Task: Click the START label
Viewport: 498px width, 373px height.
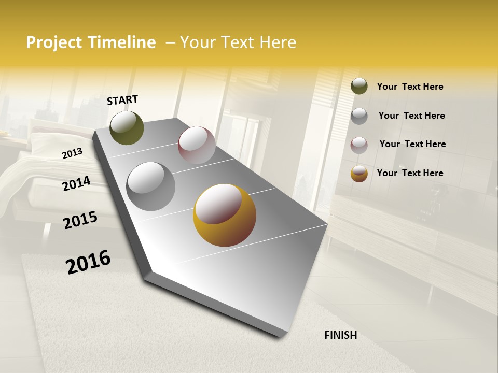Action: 122,100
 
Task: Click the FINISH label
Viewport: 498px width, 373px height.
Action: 340,335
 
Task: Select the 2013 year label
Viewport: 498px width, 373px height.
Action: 72,153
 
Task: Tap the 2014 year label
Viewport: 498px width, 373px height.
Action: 76,183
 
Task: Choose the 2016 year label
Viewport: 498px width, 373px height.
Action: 88,262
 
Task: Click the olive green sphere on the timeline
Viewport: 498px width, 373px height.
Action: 127,128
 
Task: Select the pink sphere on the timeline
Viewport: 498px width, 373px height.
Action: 197,145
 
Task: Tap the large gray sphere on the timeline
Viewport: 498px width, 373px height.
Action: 151,187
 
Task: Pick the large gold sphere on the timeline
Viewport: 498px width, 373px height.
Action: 225,215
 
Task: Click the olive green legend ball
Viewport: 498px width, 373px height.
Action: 359,86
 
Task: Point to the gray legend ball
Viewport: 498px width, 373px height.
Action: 359,116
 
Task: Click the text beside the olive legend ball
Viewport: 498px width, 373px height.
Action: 410,87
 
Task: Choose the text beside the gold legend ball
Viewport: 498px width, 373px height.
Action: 410,173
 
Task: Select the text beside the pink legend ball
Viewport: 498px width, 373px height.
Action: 412,144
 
